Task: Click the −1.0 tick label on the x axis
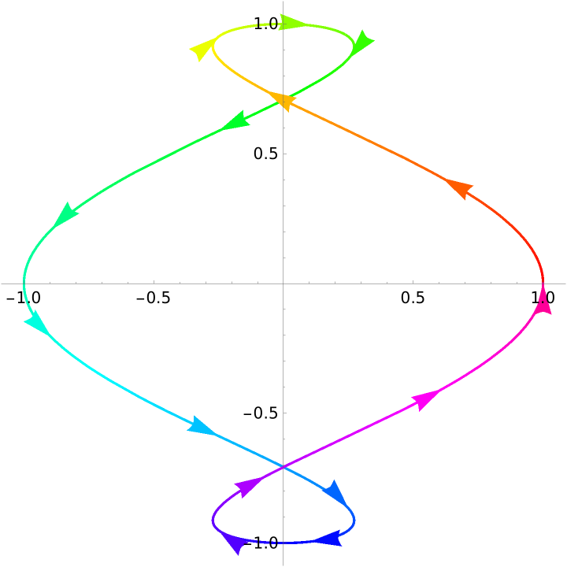point(24,298)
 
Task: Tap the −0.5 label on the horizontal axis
point(154,298)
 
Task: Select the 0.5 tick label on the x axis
point(413,298)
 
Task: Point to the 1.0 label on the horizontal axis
point(543,298)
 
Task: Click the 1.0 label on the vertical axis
point(266,24)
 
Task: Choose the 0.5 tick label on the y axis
point(266,154)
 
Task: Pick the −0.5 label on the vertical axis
point(261,413)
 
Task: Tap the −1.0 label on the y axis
point(261,543)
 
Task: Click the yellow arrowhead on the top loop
point(202,50)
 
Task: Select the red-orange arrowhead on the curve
point(459,189)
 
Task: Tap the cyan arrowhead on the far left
point(36,322)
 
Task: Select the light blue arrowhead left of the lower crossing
point(201,425)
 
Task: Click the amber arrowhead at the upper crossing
point(283,102)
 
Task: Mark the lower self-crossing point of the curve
point(283,468)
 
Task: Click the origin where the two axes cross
point(283,283)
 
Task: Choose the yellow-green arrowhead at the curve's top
point(293,22)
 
